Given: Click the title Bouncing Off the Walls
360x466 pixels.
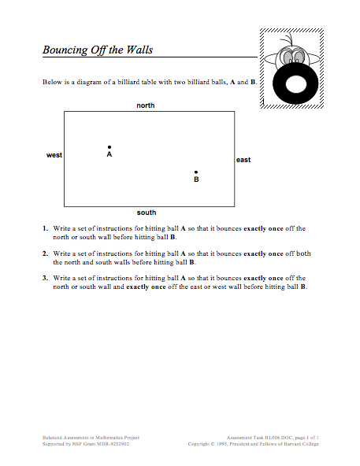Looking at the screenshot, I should (x=98, y=50).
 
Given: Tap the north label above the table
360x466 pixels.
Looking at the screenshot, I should (x=146, y=105).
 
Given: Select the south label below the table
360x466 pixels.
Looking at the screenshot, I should (x=147, y=213).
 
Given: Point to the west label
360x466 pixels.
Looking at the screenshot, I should (x=54, y=155).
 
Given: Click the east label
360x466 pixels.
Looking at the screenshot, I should (x=243, y=160).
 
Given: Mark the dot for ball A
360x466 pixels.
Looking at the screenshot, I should (x=109, y=146).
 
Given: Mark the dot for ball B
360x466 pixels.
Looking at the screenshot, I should (x=196, y=172).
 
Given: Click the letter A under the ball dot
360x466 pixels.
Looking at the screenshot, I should (x=109, y=155).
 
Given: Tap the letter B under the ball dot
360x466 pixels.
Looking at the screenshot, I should (x=196, y=180).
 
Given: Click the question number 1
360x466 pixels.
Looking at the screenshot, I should (x=45, y=229).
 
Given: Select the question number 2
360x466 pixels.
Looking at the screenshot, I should (x=45, y=254).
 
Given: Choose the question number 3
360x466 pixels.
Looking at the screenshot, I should (x=45, y=279).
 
